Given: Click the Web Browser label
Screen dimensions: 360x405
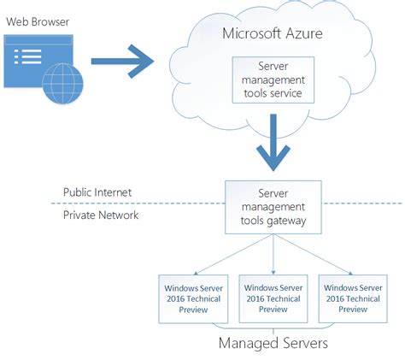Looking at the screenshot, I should point(38,21).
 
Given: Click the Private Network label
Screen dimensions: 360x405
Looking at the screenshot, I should point(101,215).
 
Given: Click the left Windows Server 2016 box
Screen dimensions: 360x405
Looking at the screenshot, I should point(191,298).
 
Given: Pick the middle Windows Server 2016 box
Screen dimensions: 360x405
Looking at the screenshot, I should point(273,298).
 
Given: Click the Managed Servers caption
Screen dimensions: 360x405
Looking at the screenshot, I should point(273,344).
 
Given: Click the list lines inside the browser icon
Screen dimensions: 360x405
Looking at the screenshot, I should point(32,59).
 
